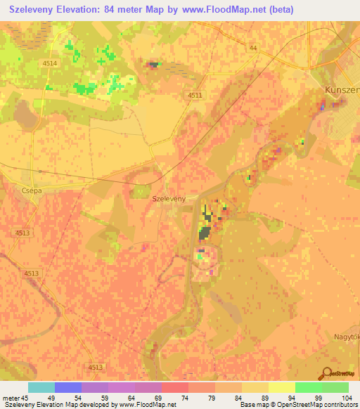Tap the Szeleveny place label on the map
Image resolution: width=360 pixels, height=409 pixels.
tap(169, 199)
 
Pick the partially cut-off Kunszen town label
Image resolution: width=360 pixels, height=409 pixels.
tap(342, 90)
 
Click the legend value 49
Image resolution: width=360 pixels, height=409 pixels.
tap(50, 398)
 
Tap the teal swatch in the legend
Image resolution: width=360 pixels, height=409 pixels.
tap(41, 387)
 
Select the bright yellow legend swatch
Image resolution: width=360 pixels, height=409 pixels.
tap(281, 387)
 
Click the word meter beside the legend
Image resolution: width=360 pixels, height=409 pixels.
tap(10, 398)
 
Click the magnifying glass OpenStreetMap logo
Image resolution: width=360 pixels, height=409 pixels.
tap(326, 373)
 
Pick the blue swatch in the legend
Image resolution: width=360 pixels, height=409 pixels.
tap(67, 387)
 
